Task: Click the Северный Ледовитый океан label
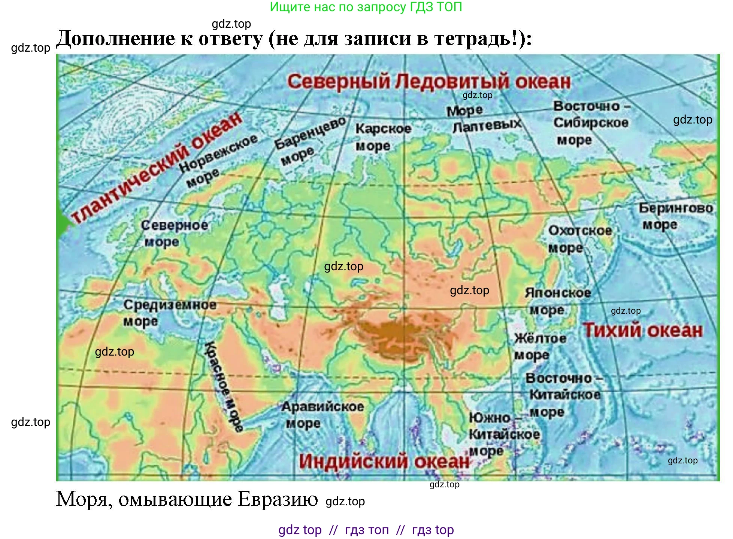(x=428, y=82)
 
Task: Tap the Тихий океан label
(x=642, y=331)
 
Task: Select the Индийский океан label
(x=384, y=461)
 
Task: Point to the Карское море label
(x=383, y=137)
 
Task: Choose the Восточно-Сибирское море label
(x=591, y=123)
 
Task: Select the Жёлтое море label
(x=540, y=346)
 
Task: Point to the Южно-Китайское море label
(x=503, y=434)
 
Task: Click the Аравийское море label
(x=322, y=415)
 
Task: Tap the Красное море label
(x=224, y=386)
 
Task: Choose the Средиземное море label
(x=169, y=313)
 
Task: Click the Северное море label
(x=174, y=233)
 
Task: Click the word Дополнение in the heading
(x=116, y=39)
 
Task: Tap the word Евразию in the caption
(x=278, y=499)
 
